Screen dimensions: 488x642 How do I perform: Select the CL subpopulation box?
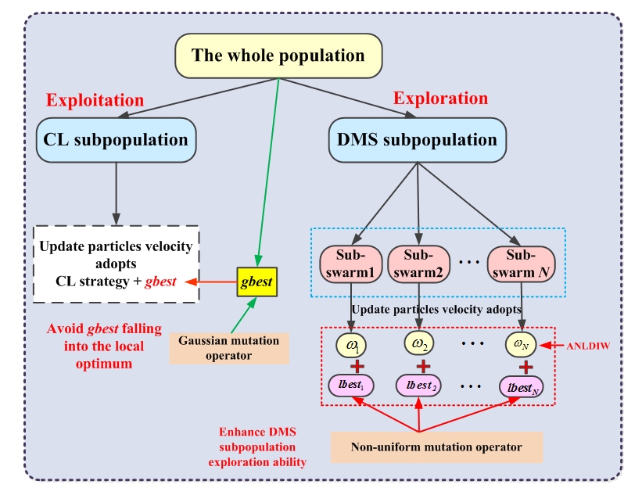click(116, 140)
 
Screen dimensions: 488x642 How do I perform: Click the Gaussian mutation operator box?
click(229, 349)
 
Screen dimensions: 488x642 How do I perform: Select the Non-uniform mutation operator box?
click(436, 447)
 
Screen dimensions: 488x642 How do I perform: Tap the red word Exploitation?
click(95, 100)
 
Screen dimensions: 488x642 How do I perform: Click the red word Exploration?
click(440, 99)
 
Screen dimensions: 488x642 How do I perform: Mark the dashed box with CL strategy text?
click(115, 264)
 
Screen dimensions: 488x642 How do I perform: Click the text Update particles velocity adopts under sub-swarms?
click(436, 310)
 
